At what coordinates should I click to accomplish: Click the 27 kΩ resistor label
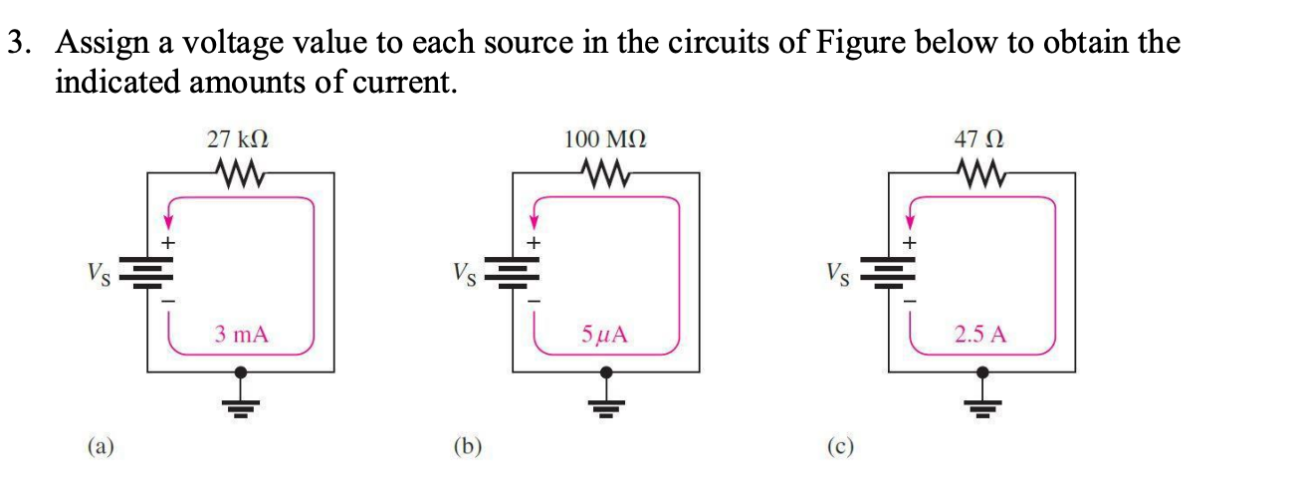click(x=238, y=140)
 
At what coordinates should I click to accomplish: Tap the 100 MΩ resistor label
click(x=605, y=140)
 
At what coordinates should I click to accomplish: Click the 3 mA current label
click(x=242, y=334)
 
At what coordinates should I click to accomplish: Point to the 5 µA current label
click(x=606, y=334)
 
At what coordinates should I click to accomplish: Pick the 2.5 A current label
click(x=980, y=334)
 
